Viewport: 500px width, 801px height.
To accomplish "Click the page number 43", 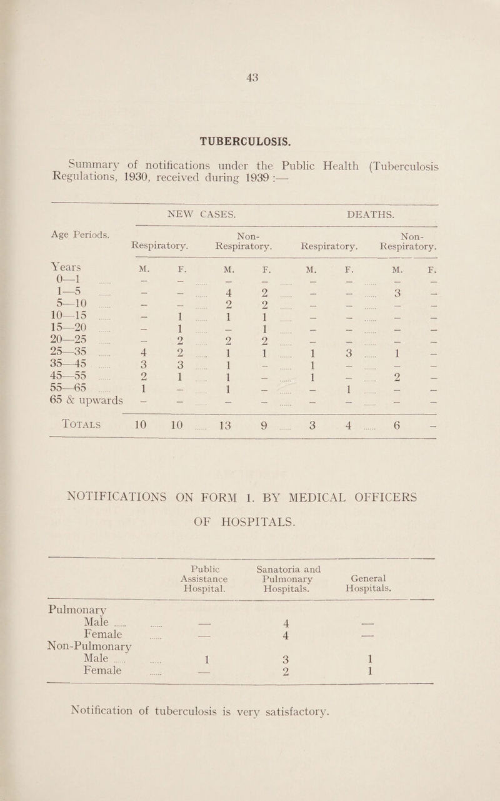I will (253, 60).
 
